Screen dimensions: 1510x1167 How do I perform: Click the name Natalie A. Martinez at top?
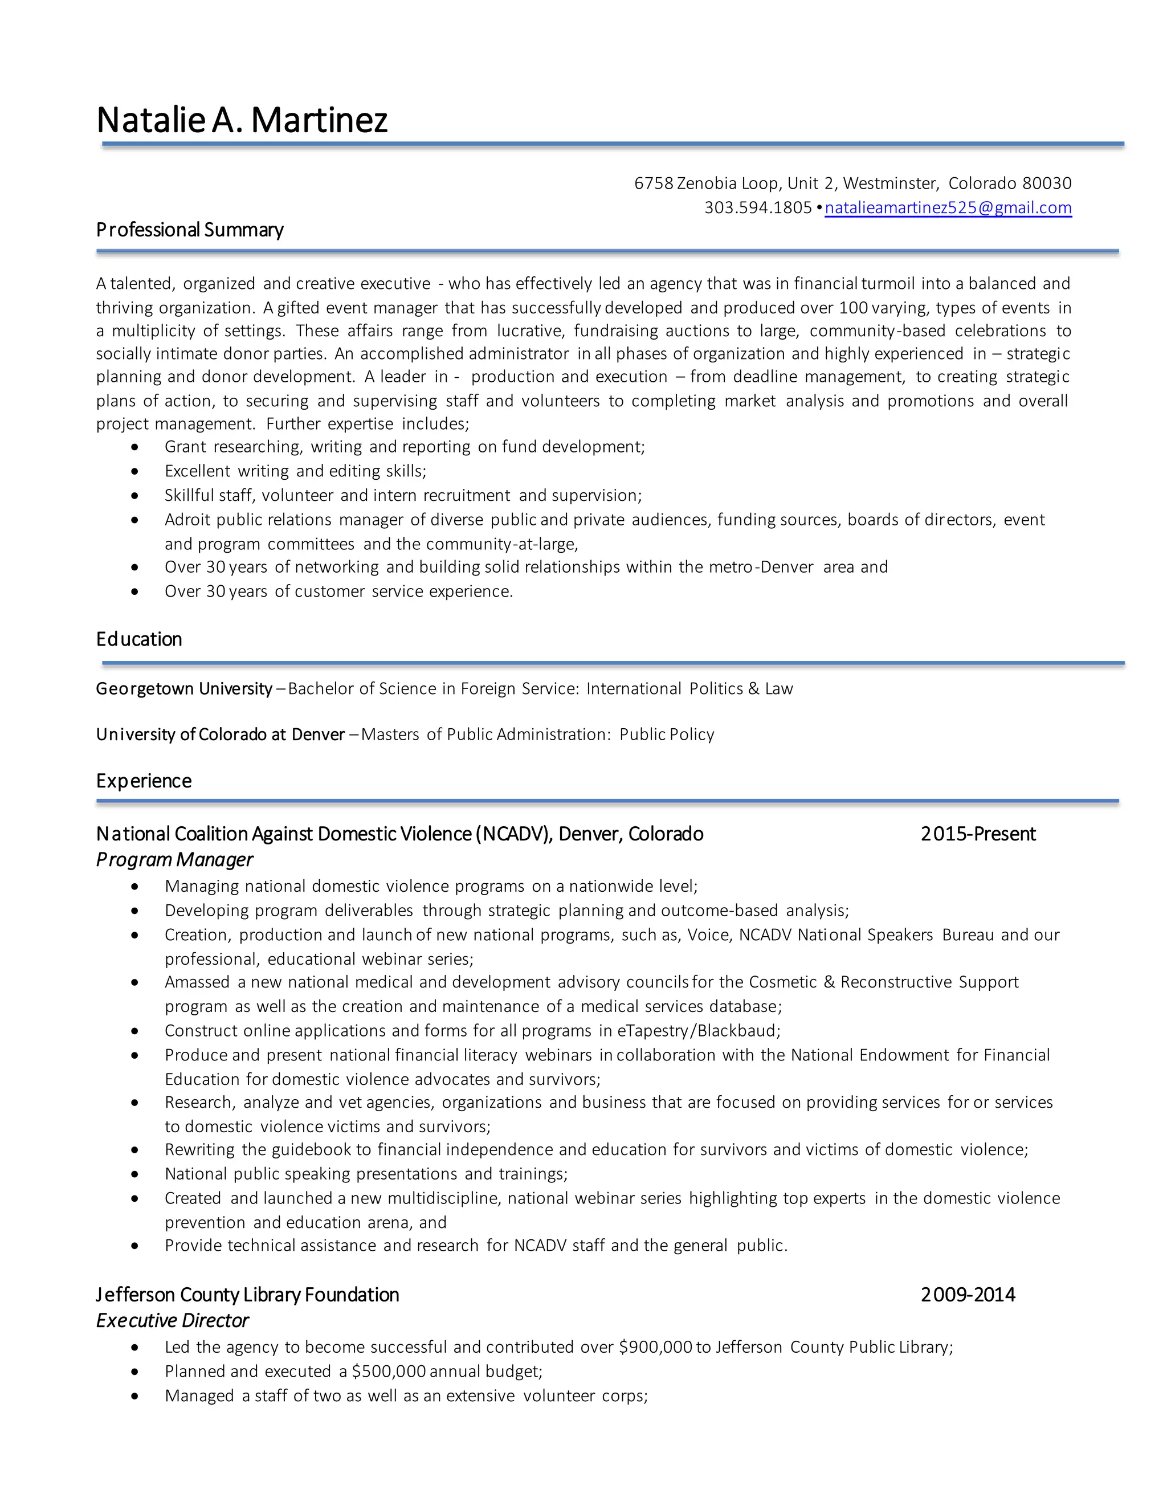pyautogui.click(x=242, y=120)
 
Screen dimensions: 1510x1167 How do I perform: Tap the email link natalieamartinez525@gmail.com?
pyautogui.click(x=948, y=207)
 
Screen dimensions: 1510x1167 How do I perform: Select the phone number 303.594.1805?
pyautogui.click(x=758, y=207)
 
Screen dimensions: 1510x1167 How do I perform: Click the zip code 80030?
pyautogui.click(x=1047, y=183)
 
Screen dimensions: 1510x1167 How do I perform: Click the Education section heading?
pyautogui.click(x=139, y=639)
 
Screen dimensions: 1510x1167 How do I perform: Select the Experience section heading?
pyautogui.click(x=144, y=781)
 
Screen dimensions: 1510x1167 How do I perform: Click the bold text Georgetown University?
pyautogui.click(x=184, y=689)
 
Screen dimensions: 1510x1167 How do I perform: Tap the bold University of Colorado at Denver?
pyautogui.click(x=220, y=734)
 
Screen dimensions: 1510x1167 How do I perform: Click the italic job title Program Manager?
pyautogui.click(x=174, y=859)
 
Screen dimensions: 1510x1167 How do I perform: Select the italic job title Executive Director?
pyautogui.click(x=172, y=1321)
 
